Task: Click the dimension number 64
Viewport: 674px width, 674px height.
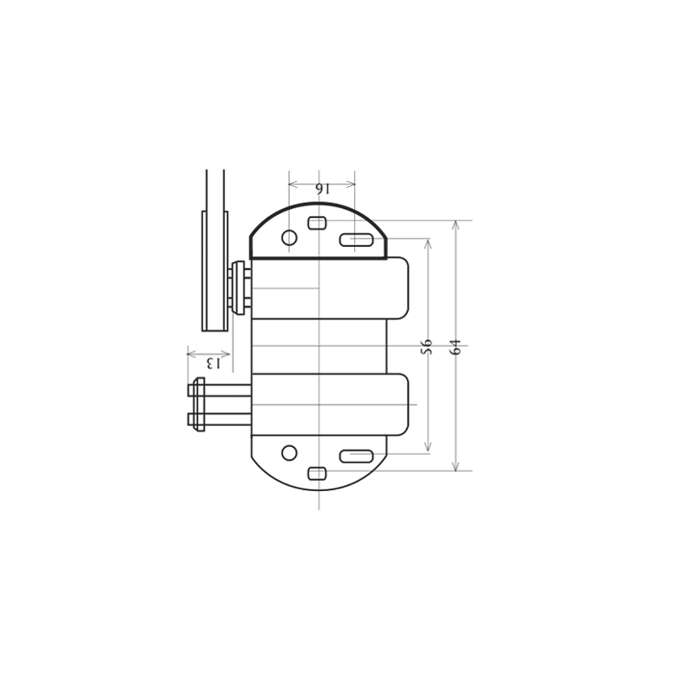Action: [x=456, y=346]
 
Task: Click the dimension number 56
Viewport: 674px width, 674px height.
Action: [x=426, y=346]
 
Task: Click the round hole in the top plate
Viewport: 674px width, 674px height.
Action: [x=289, y=237]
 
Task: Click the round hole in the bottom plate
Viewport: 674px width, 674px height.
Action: [x=289, y=452]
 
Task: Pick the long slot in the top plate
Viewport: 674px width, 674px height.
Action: [x=356, y=240]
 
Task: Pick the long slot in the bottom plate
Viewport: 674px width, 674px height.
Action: [x=356, y=456]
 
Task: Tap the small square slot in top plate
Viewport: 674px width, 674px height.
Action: [x=317, y=223]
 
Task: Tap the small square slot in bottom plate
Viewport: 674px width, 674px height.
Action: [x=317, y=474]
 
